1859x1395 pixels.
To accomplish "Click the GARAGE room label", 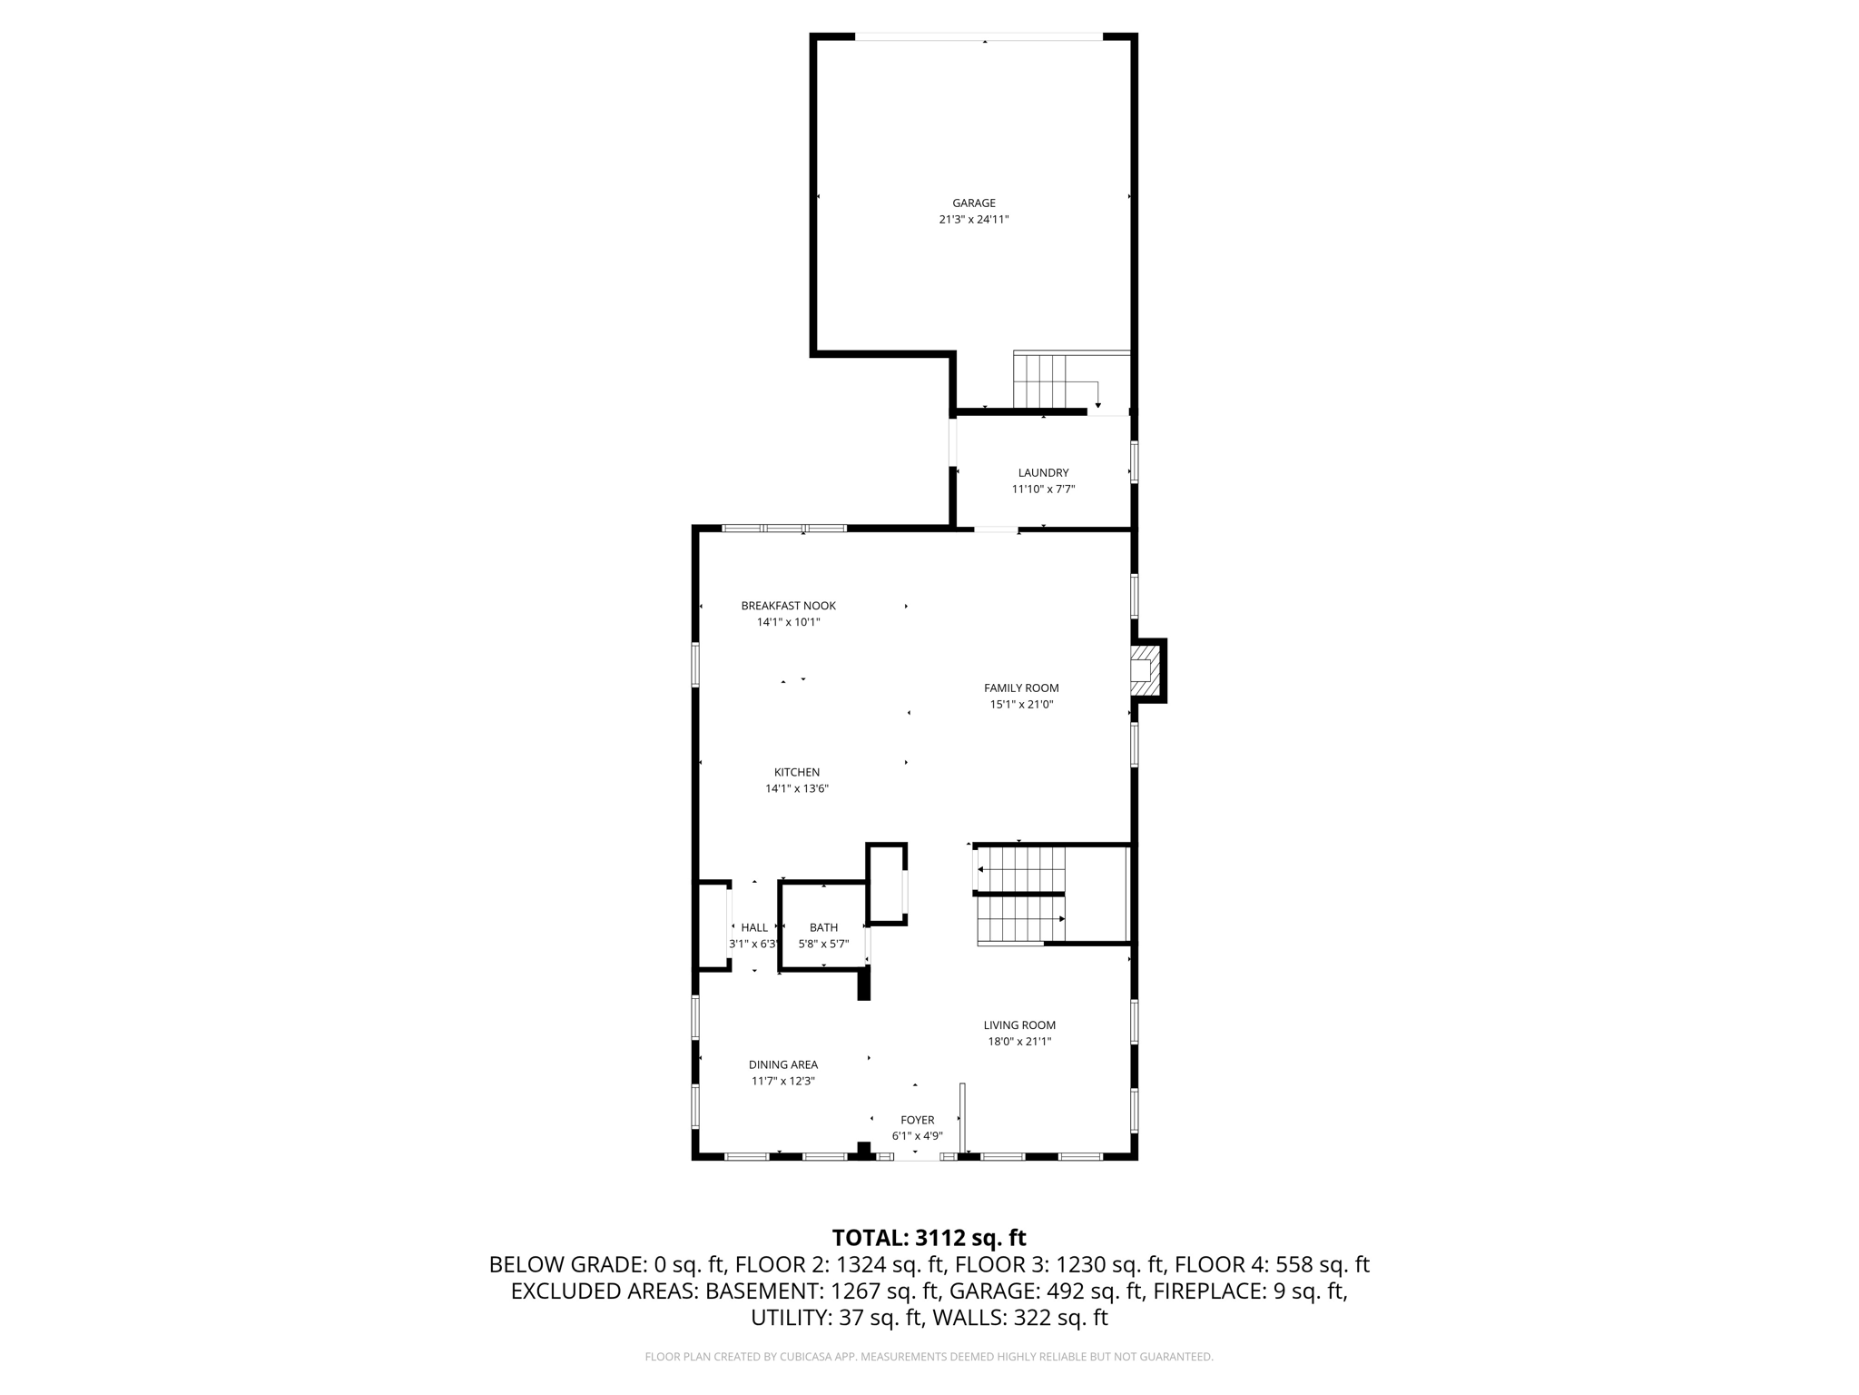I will (973, 203).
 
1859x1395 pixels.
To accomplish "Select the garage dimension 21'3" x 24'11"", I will (973, 220).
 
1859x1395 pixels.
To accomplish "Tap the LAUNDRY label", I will (1043, 473).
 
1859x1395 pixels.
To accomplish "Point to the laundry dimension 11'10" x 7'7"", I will (1043, 490).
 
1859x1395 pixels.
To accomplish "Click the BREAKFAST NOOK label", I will (788, 606).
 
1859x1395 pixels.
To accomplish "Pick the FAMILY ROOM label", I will (1021, 688).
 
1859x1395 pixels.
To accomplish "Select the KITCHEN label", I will (796, 773).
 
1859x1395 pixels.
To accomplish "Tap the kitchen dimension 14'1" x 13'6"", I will (796, 789).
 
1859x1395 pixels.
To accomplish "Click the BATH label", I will (823, 927).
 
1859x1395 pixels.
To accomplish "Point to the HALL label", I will (754, 927).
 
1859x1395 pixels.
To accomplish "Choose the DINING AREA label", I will (782, 1064).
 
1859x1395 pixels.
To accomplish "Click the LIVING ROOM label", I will (1019, 1025).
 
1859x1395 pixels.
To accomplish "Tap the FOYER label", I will (917, 1120).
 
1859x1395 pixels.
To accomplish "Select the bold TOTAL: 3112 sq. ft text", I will (929, 1238).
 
